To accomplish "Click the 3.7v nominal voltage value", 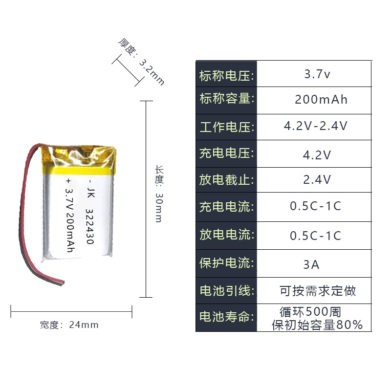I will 317,75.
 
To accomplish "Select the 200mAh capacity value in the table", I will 321,100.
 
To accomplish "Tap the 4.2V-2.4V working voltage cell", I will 316,126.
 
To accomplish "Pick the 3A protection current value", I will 311,264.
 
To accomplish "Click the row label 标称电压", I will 227,76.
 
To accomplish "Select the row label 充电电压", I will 227,153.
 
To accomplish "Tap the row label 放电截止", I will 227,180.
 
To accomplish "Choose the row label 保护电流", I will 227,263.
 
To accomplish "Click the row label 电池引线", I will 227,290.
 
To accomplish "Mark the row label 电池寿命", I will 227,317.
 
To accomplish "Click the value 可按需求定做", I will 318,291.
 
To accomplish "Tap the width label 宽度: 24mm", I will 69,325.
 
